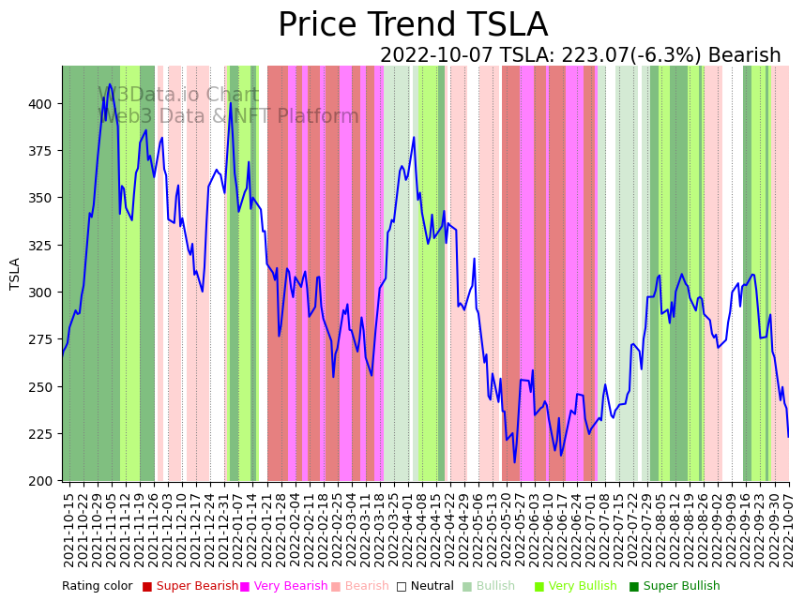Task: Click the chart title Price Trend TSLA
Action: [413, 25]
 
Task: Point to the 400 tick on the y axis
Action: [44, 103]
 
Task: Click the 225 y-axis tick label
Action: [44, 434]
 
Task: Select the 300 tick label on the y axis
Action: [44, 293]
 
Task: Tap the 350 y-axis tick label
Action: [44, 198]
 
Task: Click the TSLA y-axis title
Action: [15, 273]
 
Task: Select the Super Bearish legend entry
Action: [190, 587]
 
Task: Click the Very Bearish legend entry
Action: [283, 587]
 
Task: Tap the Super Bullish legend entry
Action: [675, 587]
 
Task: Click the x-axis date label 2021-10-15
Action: [68, 525]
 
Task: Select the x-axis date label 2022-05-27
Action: [514, 525]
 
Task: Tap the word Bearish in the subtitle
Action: [745, 56]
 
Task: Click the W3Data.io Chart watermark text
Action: [178, 95]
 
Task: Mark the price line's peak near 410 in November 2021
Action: [110, 84]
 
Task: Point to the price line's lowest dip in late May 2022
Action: [514, 462]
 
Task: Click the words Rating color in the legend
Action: [98, 587]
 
